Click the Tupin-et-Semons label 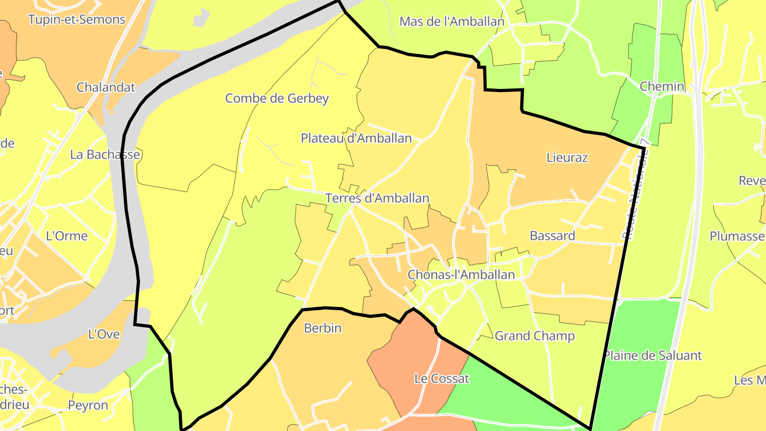77,20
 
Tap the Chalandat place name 106,87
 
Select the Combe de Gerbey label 277,98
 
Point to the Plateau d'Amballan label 356,138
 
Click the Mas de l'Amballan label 452,22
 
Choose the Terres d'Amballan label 377,198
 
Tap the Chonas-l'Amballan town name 461,275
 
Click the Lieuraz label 567,158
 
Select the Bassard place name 552,236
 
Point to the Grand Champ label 535,336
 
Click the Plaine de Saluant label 653,355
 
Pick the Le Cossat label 442,379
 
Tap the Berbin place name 322,328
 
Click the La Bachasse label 105,155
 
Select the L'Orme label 67,236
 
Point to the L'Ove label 104,335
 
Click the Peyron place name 88,405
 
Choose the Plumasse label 737,236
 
